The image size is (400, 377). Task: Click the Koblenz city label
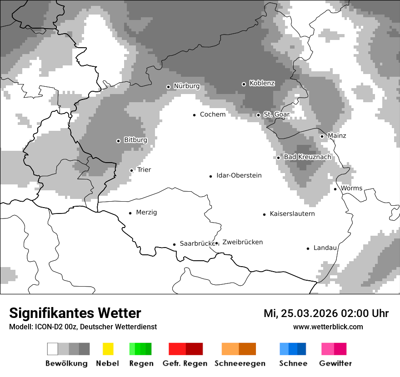pyautogui.click(x=262, y=83)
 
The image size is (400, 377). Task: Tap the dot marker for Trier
pyautogui.click(x=131, y=170)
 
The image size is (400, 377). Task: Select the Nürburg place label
pyautogui.click(x=186, y=86)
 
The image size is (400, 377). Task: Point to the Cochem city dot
pyautogui.click(x=194, y=115)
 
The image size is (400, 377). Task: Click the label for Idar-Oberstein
pyautogui.click(x=239, y=175)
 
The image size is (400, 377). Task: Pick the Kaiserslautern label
pyautogui.click(x=292, y=213)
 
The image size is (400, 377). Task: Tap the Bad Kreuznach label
pyautogui.click(x=307, y=157)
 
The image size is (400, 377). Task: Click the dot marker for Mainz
pyautogui.click(x=322, y=136)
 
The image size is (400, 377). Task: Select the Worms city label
pyautogui.click(x=351, y=188)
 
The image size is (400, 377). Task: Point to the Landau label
pyautogui.click(x=325, y=248)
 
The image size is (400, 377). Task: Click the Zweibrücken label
pyautogui.click(x=242, y=242)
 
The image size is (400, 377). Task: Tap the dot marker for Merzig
pyautogui.click(x=130, y=213)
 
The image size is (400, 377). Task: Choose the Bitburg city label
pyautogui.click(x=135, y=140)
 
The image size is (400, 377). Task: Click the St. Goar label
pyautogui.click(x=276, y=114)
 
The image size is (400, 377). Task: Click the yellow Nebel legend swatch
pyautogui.click(x=108, y=349)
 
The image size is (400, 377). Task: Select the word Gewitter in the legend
pyautogui.click(x=335, y=363)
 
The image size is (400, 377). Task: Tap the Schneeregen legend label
pyautogui.click(x=240, y=363)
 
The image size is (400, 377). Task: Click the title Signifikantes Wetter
pyautogui.click(x=75, y=313)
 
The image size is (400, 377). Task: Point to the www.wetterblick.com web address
pyautogui.click(x=328, y=327)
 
